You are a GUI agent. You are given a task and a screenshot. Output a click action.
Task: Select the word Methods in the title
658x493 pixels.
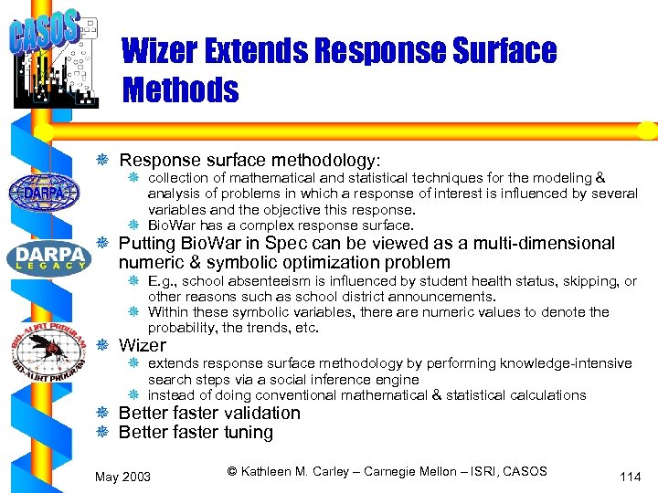click(x=180, y=90)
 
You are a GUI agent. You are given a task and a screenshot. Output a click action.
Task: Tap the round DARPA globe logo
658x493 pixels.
click(x=43, y=193)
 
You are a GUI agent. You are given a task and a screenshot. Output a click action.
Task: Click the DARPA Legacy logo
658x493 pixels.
click(x=48, y=257)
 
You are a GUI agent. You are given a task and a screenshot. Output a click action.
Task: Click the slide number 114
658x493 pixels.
click(x=630, y=476)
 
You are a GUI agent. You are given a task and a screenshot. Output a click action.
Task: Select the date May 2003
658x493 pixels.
click(x=122, y=477)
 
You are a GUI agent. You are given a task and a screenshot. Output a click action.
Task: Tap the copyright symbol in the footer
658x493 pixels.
click(x=232, y=471)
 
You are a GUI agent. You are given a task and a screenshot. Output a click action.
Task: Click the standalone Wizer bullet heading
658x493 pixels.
click(x=143, y=345)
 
